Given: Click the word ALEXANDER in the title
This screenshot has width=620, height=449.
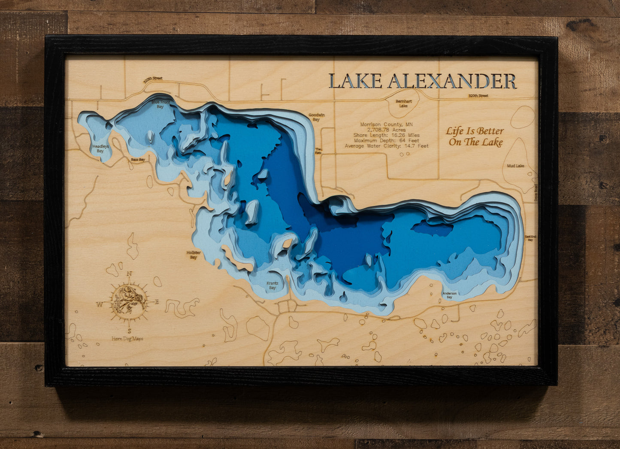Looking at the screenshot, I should (452, 81).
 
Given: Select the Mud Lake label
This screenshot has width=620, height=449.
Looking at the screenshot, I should (515, 166).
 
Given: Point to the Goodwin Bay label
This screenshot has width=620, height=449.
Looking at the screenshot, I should (316, 117).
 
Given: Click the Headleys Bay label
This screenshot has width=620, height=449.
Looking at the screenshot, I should (100, 149).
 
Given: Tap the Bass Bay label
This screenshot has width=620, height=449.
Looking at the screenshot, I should (138, 159).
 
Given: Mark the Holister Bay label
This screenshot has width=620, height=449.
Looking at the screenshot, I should (194, 255).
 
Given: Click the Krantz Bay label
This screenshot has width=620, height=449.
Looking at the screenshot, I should (272, 285).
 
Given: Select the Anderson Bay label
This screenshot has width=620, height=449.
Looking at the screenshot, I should (449, 295).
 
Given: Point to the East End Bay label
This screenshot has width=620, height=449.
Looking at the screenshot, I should (530, 238).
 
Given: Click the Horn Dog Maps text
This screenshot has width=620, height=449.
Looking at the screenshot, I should (127, 339).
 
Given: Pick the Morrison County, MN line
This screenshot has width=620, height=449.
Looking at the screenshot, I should (387, 124).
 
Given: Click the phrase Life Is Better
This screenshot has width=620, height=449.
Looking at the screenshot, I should (475, 131).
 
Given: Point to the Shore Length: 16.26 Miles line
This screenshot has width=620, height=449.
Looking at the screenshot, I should (387, 135).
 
